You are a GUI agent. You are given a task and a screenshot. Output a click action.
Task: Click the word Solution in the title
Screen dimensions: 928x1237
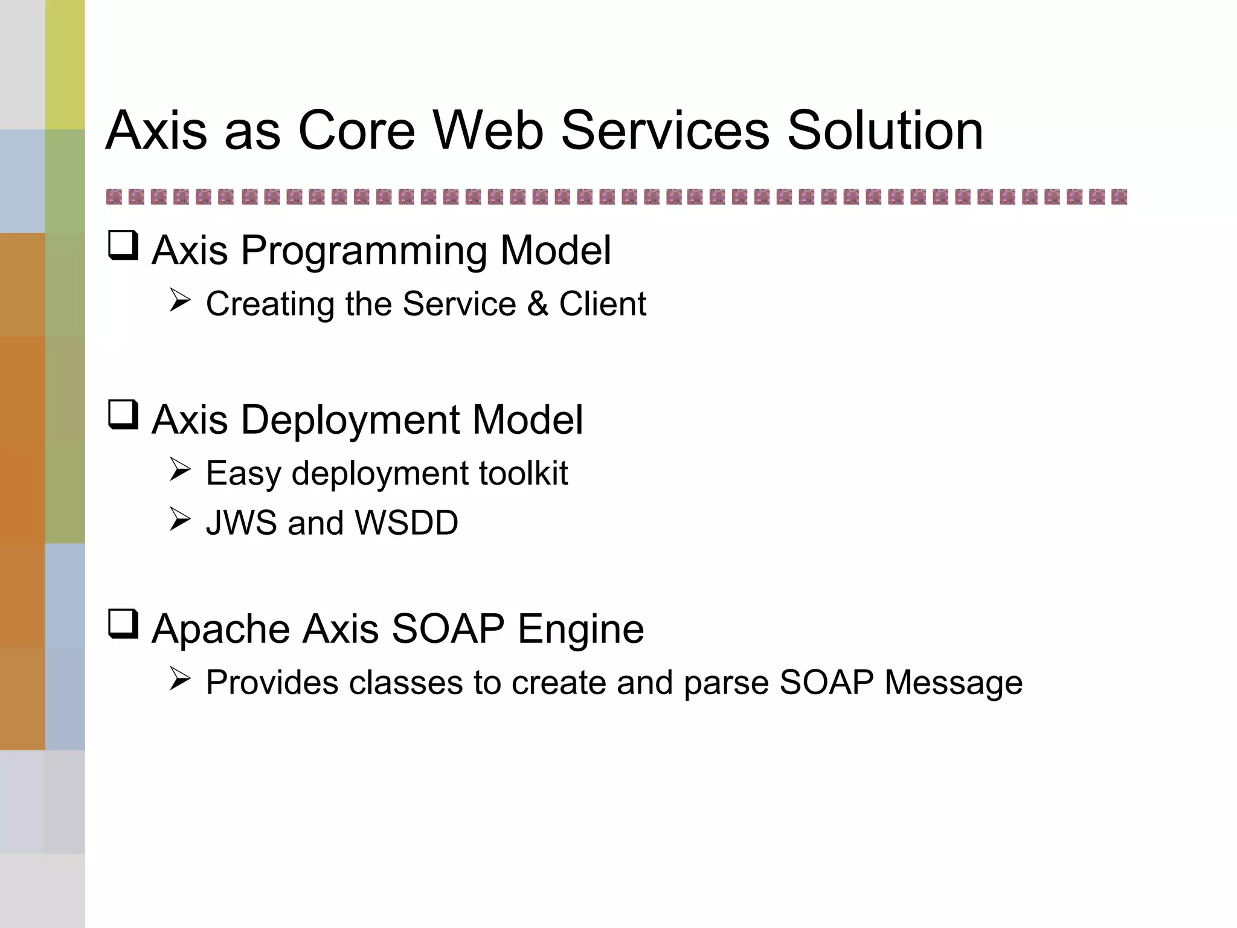click(x=885, y=130)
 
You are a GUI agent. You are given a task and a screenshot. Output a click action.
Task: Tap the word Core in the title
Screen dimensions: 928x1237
click(x=356, y=130)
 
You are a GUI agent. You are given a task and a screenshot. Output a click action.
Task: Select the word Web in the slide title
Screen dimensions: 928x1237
click(x=488, y=130)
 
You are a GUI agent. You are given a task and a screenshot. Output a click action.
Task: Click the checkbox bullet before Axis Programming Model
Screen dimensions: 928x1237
click(x=123, y=246)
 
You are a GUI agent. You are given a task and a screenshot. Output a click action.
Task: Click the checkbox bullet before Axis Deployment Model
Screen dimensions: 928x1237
click(x=123, y=415)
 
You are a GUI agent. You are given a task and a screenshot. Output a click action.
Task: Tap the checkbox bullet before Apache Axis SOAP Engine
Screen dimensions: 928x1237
click(x=123, y=624)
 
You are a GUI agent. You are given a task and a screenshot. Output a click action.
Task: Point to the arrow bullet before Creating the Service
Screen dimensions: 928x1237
click(x=180, y=300)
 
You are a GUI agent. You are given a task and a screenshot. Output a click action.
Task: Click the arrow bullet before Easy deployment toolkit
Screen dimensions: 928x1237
click(x=180, y=469)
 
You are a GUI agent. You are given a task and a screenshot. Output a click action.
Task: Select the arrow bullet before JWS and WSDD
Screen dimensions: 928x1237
click(x=180, y=519)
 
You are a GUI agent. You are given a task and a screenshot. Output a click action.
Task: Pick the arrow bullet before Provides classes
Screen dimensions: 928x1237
click(x=180, y=679)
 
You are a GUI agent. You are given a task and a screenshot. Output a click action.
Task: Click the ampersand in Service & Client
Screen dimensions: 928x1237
click(x=538, y=304)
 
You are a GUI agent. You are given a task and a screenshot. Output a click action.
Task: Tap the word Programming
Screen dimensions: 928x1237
click(x=364, y=251)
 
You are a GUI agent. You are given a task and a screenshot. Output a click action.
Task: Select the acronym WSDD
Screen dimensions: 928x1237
click(x=406, y=523)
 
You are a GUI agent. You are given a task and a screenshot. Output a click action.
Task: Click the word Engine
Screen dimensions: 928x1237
click(x=580, y=630)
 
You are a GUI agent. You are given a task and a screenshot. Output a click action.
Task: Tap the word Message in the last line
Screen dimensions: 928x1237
click(x=953, y=683)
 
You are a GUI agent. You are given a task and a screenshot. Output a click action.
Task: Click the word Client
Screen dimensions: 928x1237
click(x=602, y=304)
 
